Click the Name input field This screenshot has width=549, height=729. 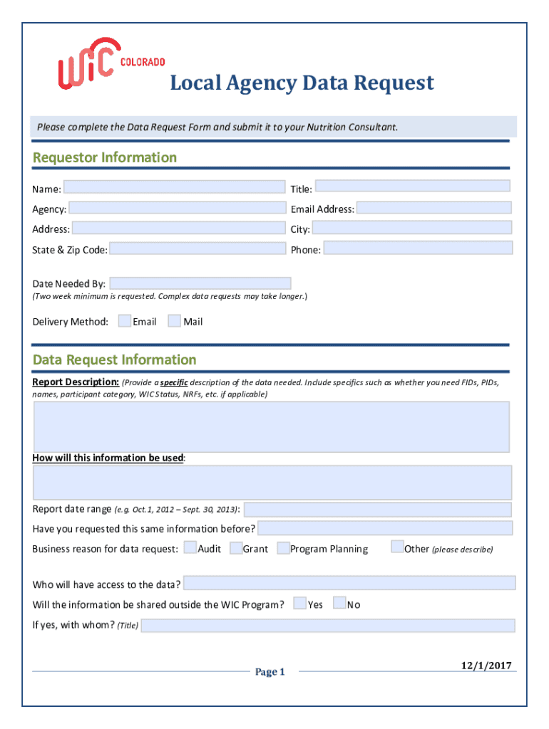coord(174,187)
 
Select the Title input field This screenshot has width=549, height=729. coord(412,186)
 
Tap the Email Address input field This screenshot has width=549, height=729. coord(433,208)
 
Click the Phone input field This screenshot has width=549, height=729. coord(418,248)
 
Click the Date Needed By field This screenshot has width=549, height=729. coord(200,283)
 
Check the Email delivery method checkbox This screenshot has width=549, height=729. coord(125,321)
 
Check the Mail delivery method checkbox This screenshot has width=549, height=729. coord(174,321)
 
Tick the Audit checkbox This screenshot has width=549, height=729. coord(190,547)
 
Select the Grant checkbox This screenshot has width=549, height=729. coord(236,548)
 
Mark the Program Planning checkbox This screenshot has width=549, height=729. coord(283,548)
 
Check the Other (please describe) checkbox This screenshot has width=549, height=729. coord(398,547)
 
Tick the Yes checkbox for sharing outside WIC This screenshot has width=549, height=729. coord(300,604)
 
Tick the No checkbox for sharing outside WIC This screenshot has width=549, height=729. coord(339,604)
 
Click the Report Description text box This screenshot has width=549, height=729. coord(271,426)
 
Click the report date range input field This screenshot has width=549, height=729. coord(377,510)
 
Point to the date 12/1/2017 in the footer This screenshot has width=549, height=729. coord(486,666)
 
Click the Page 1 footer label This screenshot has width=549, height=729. coord(270,672)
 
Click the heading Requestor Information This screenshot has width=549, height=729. coord(105,157)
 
